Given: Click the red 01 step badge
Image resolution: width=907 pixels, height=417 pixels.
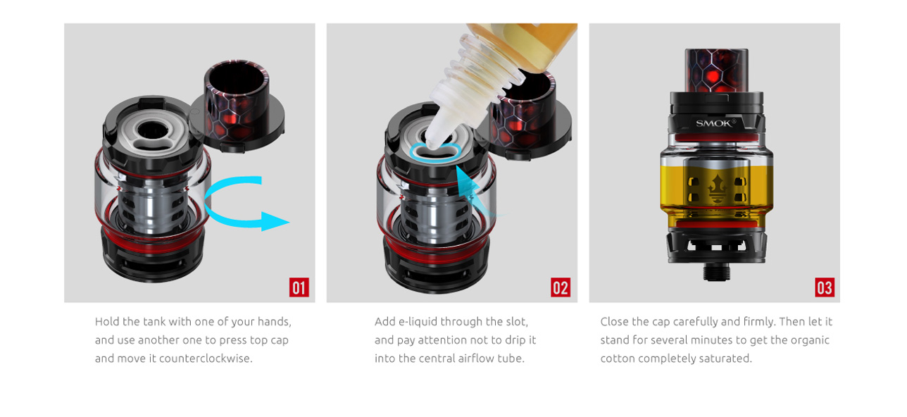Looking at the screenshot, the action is pyautogui.click(x=299, y=287).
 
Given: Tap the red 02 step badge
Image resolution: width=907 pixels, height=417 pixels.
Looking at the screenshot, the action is pyautogui.click(x=561, y=287).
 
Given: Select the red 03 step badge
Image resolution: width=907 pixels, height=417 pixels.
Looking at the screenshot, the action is pyautogui.click(x=825, y=287).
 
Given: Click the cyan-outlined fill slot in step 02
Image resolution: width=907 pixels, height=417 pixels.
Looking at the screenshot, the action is pyautogui.click(x=435, y=152).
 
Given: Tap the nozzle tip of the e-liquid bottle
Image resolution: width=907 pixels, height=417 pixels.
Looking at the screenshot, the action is pyautogui.click(x=432, y=144).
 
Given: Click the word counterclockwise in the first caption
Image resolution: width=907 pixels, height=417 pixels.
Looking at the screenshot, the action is pyautogui.click(x=206, y=359).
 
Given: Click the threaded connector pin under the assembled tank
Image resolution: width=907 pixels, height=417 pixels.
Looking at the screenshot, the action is pyautogui.click(x=716, y=272).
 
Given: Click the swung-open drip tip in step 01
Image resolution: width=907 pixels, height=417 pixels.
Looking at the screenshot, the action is pyautogui.click(x=237, y=106).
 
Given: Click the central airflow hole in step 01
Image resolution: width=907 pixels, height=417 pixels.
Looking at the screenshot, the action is pyautogui.click(x=153, y=130).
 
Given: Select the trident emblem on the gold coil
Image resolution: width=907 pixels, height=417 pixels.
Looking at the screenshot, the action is pyautogui.click(x=716, y=189).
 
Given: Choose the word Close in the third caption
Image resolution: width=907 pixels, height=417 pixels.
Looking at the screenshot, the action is pyautogui.click(x=614, y=321).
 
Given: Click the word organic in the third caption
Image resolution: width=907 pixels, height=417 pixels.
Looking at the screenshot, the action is pyautogui.click(x=810, y=341).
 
